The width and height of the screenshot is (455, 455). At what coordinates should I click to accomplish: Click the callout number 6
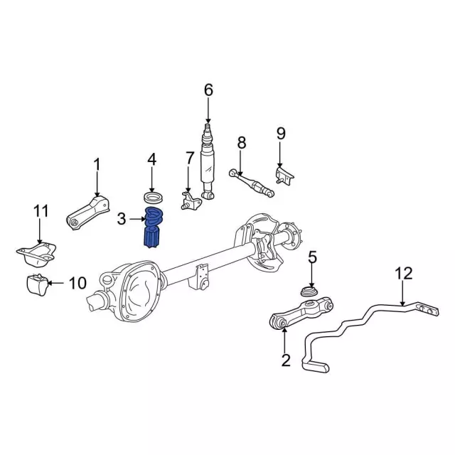[x=208, y=90]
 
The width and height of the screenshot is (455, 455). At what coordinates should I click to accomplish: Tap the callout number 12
[x=403, y=272]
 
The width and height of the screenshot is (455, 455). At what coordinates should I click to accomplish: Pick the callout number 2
[x=286, y=360]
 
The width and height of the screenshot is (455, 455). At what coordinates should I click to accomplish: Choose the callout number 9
[x=280, y=133]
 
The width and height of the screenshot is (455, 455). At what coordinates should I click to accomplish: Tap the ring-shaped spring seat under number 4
[x=151, y=195]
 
